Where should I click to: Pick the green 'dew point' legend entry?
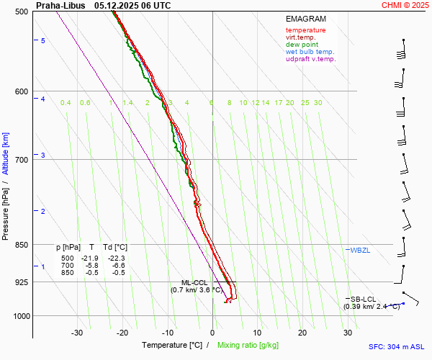coord(302,45)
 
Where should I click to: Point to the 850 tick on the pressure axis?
coord(20,245)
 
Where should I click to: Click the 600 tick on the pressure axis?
coord(20,91)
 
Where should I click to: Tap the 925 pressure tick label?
coord(20,282)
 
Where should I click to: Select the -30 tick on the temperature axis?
coord(77,333)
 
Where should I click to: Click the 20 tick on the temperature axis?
coord(302,333)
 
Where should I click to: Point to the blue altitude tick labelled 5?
coord(43,41)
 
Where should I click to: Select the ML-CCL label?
coord(194,282)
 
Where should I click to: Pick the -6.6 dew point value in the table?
coord(117,265)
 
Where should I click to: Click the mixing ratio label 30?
coord(317,103)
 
